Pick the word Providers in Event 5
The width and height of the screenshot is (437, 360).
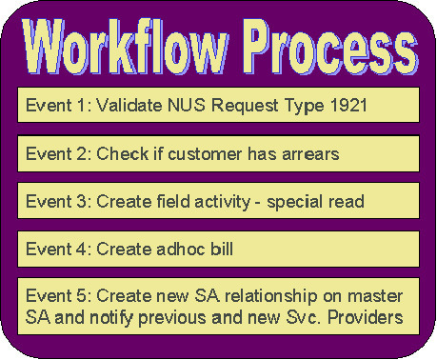point(370,315)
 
